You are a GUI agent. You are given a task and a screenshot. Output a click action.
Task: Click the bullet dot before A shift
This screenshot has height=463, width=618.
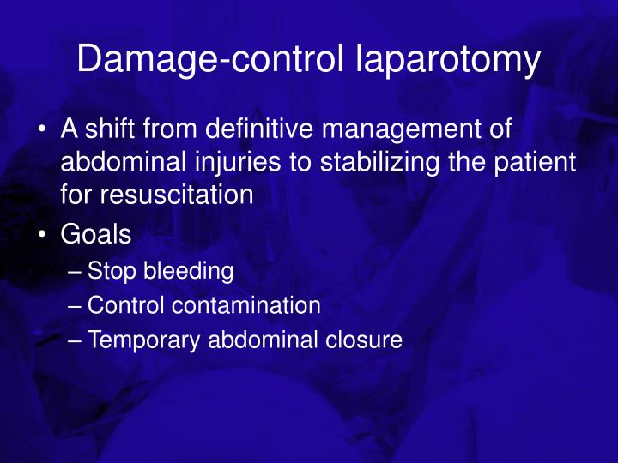(x=42, y=132)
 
